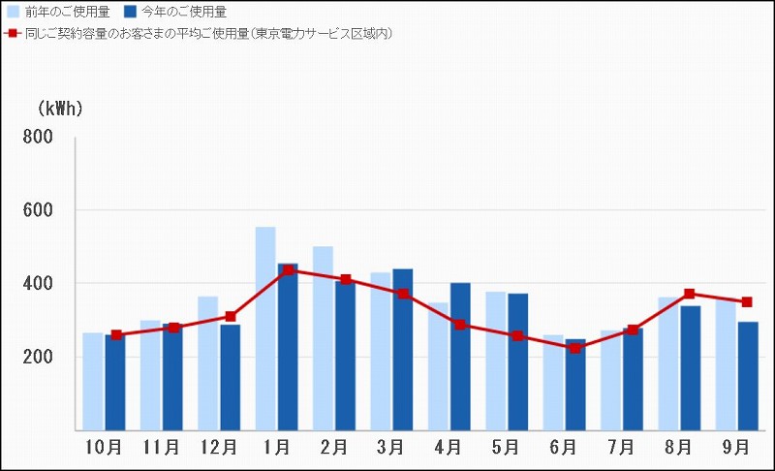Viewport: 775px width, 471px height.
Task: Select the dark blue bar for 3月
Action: [402, 349]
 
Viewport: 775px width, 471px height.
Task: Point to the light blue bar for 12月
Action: [207, 362]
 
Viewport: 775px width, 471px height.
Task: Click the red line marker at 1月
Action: [289, 270]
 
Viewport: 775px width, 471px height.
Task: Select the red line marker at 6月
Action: [575, 348]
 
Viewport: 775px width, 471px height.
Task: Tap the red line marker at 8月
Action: [690, 294]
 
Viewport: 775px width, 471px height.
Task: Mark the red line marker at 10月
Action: [116, 335]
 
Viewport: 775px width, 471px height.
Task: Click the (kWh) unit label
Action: [60, 109]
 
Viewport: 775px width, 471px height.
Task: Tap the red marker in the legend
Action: [12, 33]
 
